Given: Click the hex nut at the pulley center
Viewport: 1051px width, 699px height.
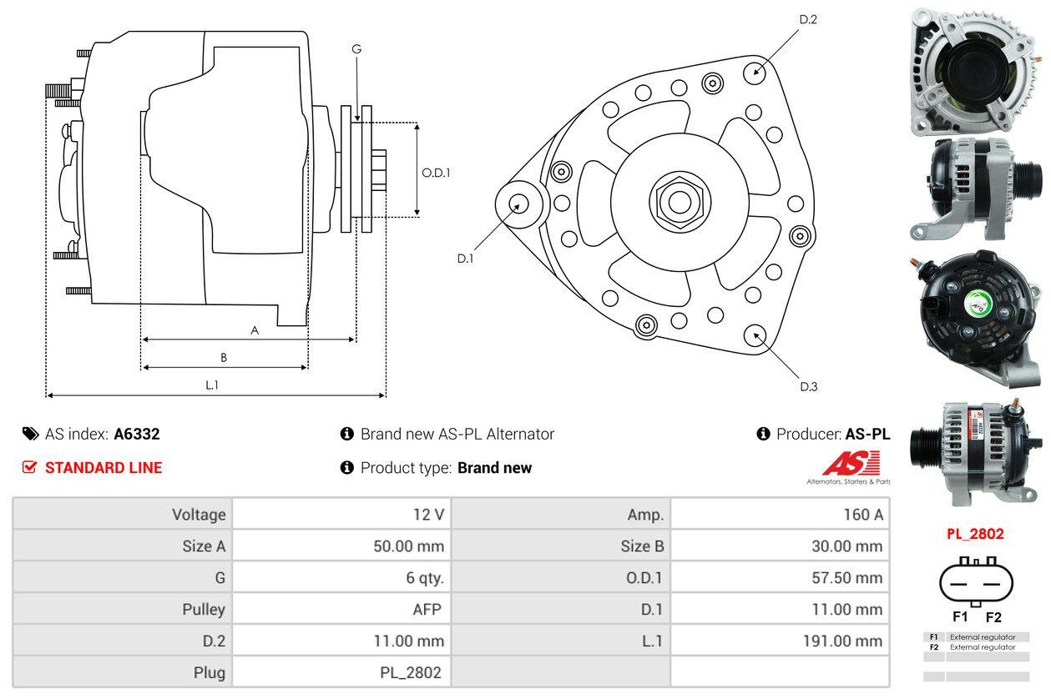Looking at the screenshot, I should (x=675, y=201).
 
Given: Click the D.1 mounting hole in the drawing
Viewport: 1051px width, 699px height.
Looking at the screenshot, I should (x=519, y=204).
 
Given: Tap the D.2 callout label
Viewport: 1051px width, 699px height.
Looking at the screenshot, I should (x=807, y=19).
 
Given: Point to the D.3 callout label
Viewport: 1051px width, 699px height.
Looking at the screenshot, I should (x=808, y=386).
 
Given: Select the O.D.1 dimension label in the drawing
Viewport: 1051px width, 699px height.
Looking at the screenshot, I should (x=436, y=173).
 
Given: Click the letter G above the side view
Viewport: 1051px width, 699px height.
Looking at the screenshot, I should (x=356, y=49).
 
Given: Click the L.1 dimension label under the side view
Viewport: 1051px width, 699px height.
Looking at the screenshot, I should (x=212, y=385).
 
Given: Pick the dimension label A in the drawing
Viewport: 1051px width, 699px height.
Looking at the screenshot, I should (x=255, y=330).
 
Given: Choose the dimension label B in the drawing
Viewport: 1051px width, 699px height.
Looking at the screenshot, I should (x=224, y=358).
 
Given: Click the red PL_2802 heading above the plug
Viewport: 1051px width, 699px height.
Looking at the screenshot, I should (x=975, y=534).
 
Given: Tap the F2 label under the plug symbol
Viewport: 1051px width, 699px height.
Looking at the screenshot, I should (x=993, y=617).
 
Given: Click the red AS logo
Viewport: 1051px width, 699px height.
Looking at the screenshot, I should (x=851, y=462).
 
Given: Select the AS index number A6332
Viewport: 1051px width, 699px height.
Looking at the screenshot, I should (x=137, y=434).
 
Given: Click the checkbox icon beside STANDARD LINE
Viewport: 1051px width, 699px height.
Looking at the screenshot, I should (x=29, y=467).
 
